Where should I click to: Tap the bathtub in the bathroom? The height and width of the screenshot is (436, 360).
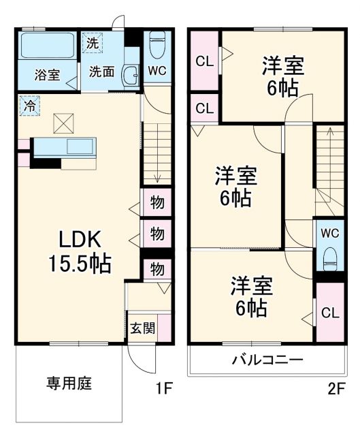pos(46,46)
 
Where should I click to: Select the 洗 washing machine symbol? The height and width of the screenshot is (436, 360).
pos(93,42)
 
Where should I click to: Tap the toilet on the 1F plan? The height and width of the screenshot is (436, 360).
pos(156,46)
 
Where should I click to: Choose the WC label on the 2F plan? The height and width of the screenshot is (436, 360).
pos(330,232)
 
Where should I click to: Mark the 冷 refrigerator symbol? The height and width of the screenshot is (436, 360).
pos(29,106)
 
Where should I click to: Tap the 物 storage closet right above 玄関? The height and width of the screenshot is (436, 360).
pos(157,269)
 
